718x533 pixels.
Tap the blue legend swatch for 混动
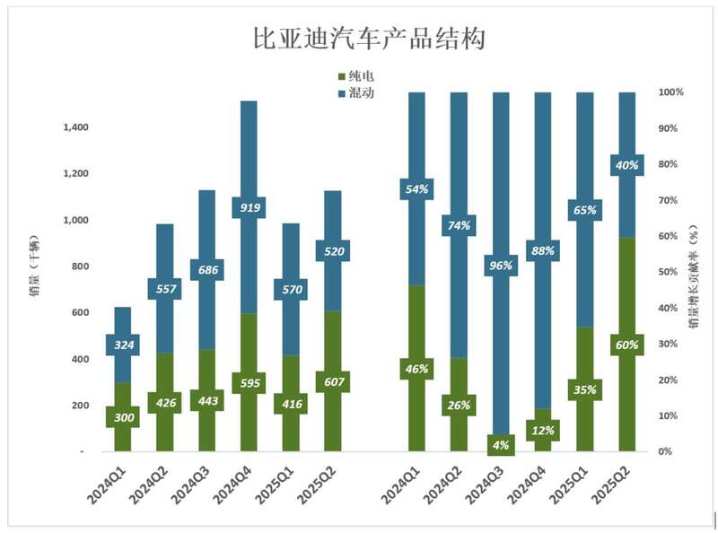click(x=341, y=93)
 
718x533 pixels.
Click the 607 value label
click(x=332, y=381)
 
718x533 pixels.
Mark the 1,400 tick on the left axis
click(x=75, y=127)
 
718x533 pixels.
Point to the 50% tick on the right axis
click(x=670, y=272)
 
